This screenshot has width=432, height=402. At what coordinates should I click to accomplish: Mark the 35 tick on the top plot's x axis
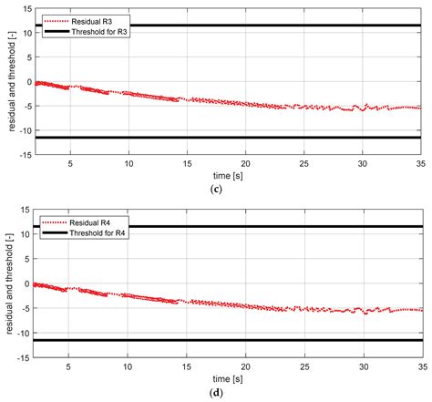pos(420,165)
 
